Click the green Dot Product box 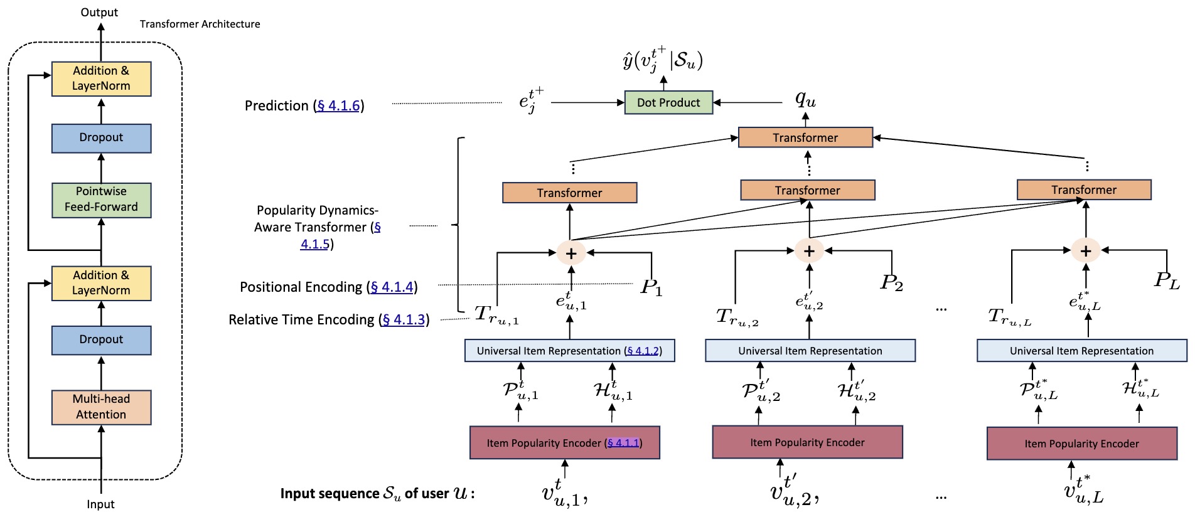tap(668, 102)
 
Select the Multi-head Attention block tap(101, 407)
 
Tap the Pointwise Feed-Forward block tap(101, 200)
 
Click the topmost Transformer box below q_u tap(805, 137)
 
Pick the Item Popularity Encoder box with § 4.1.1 tap(564, 443)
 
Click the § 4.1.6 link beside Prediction tap(339, 105)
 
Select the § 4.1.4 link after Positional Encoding tap(392, 287)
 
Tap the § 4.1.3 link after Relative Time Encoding tap(404, 319)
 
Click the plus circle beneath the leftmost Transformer tap(571, 253)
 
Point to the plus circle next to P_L tap(1086, 250)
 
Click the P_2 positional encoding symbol tap(891, 283)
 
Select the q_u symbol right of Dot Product tap(805, 99)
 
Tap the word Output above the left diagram tap(99, 13)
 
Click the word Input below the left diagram tap(100, 504)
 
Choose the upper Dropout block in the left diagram tap(101, 138)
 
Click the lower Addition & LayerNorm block tap(101, 283)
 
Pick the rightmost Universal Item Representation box tap(1081, 351)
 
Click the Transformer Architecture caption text tap(200, 24)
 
